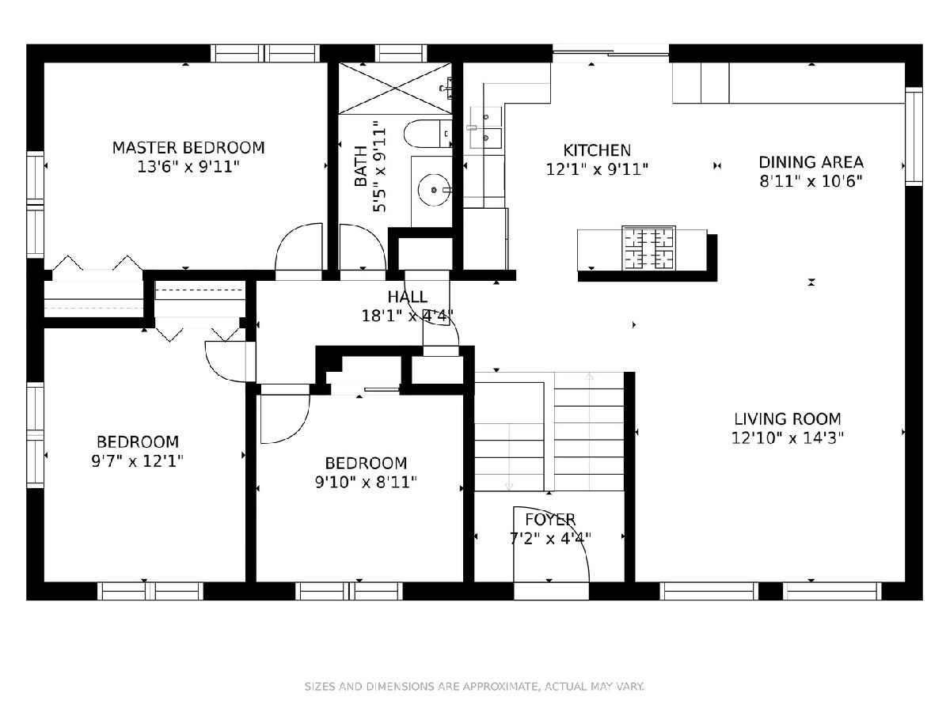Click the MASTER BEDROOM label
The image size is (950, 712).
188,148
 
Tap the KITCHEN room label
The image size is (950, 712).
597,150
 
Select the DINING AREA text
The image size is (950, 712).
811,162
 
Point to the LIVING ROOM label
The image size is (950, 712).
788,419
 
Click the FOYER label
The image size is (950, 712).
550,519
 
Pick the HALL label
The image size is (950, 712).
407,297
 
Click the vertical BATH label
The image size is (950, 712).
360,166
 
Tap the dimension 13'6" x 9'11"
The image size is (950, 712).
188,167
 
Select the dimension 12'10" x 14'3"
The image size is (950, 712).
788,438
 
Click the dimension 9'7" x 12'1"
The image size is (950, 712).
137,461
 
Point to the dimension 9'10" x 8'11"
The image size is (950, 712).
366,482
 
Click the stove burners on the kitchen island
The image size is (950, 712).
648,248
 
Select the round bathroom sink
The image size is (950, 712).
434,189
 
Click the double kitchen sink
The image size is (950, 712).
485,128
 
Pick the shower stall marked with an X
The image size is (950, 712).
395,88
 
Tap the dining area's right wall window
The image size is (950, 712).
914,137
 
